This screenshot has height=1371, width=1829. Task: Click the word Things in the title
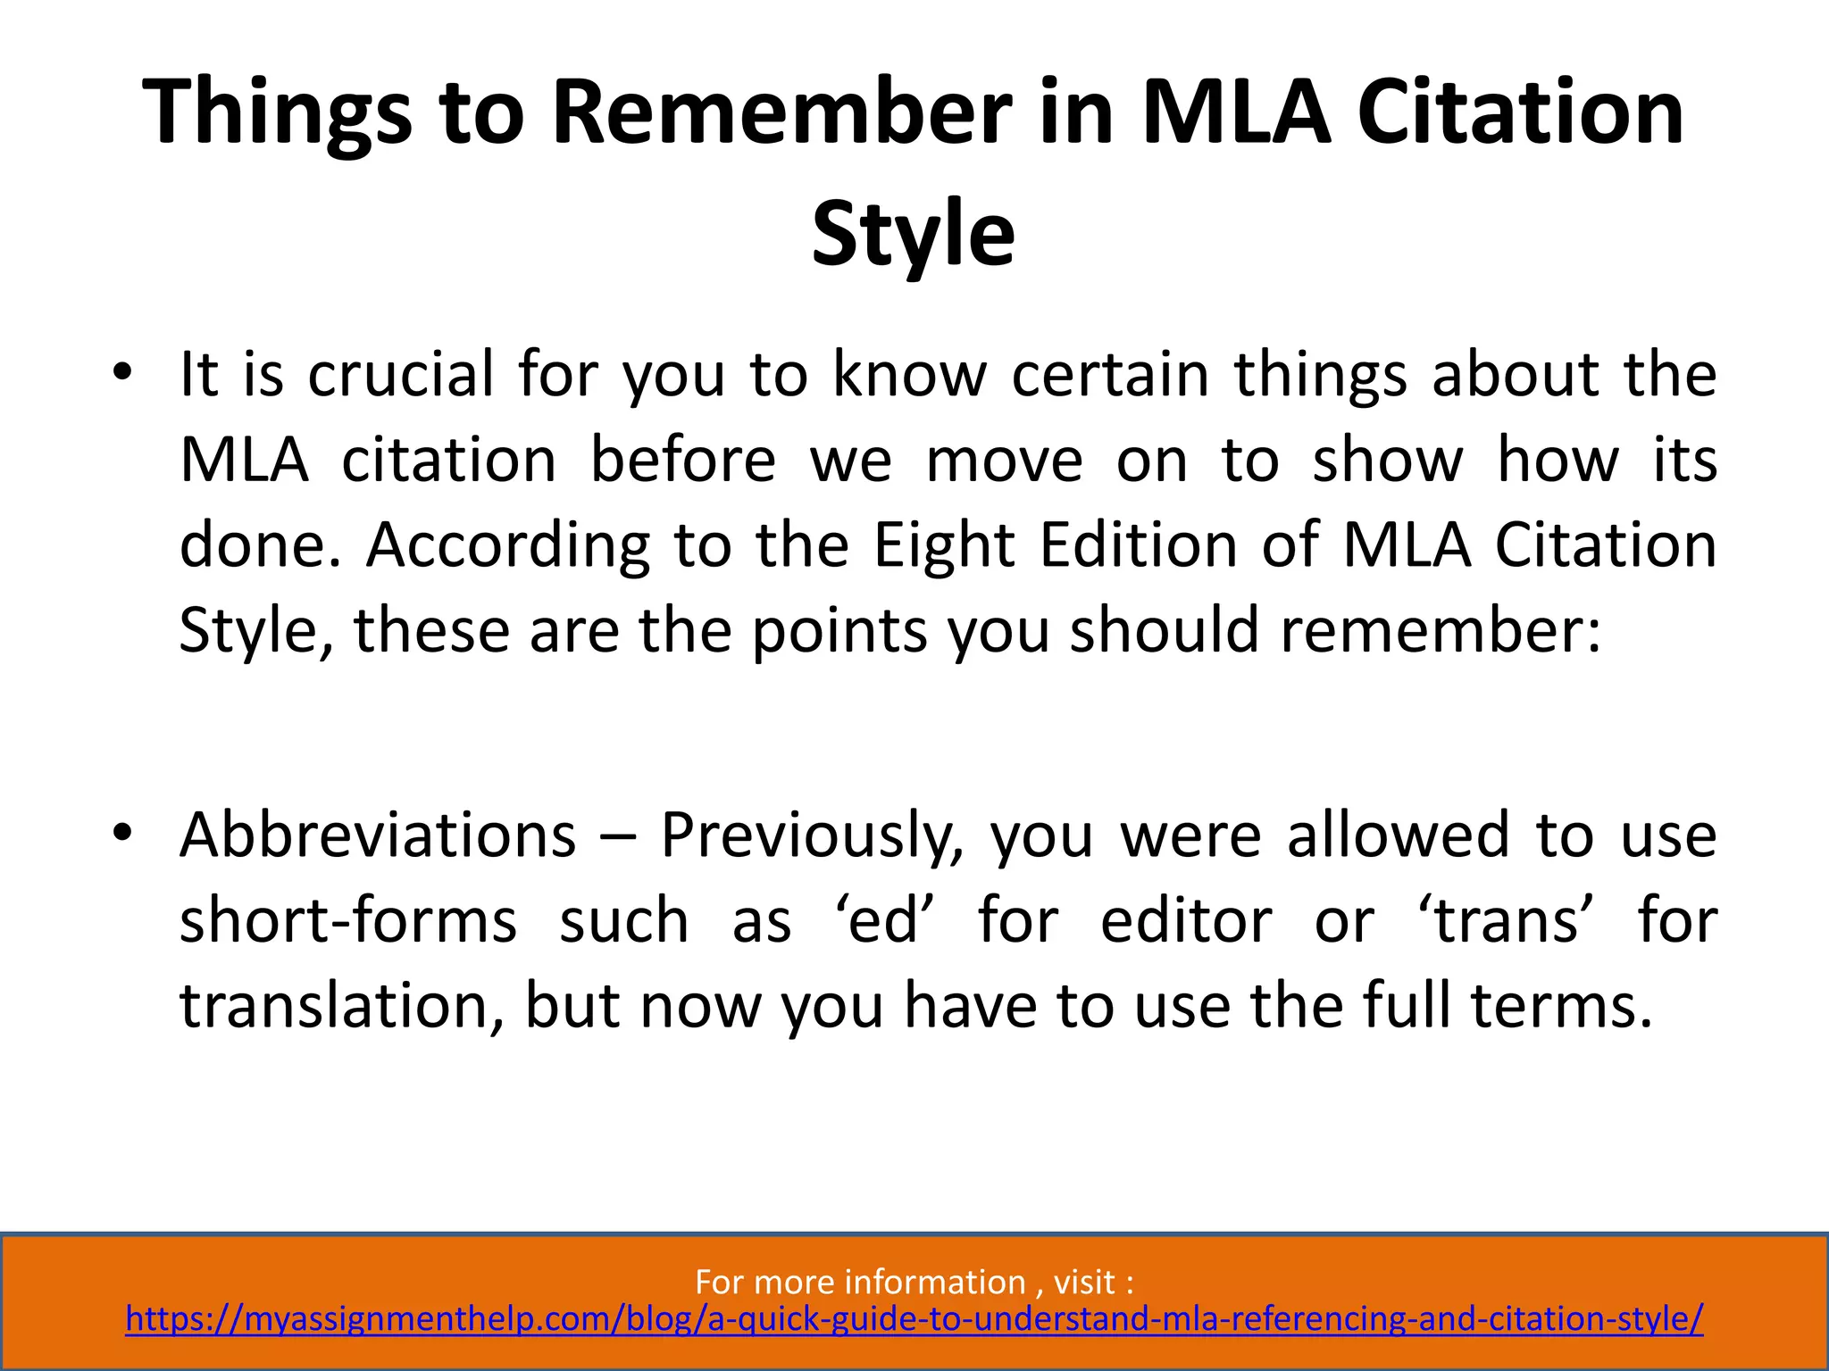277,113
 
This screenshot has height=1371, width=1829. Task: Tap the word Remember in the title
781,113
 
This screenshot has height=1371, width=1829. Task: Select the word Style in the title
914,234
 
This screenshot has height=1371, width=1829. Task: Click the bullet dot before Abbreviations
122,833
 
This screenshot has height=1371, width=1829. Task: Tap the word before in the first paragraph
683,460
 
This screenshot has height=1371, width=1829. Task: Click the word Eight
944,544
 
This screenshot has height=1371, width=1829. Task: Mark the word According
508,544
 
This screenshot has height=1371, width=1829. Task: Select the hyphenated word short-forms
348,920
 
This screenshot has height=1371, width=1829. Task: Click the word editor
1186,920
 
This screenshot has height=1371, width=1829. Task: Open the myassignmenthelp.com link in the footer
914,1319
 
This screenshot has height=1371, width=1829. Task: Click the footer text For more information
859,1282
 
